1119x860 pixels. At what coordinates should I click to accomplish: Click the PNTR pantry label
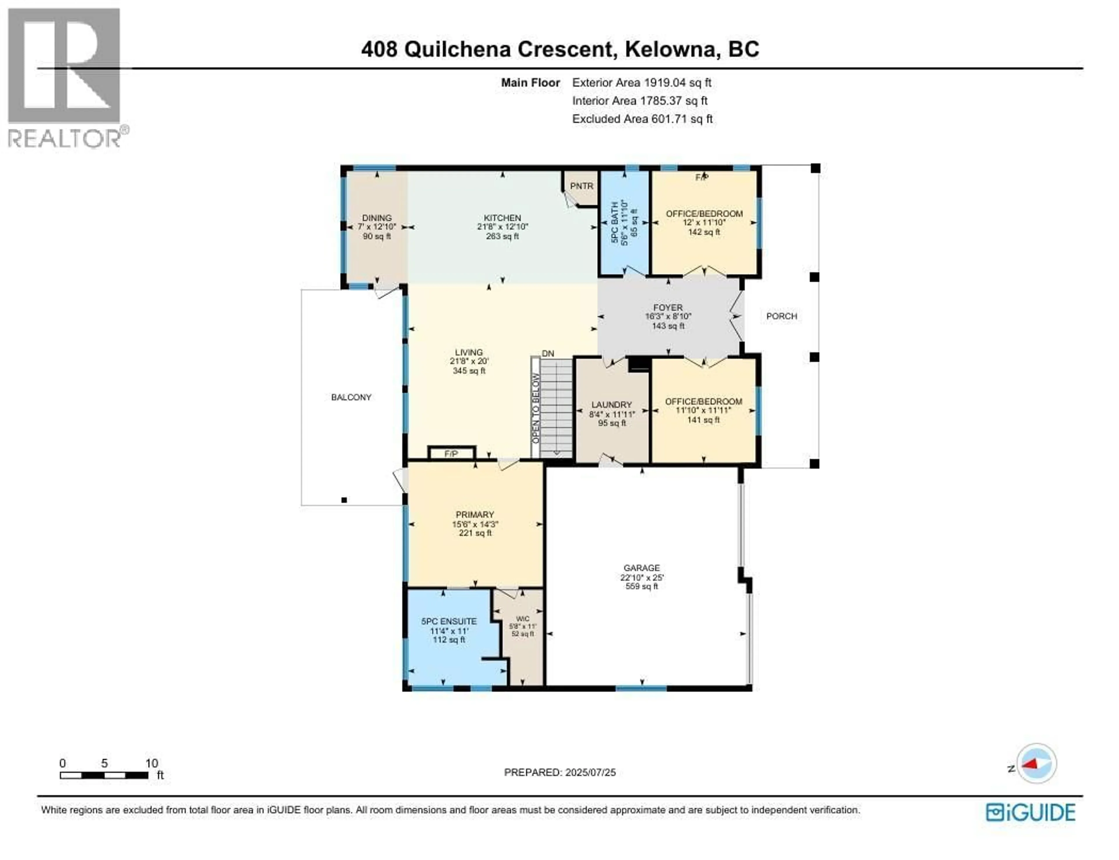(x=581, y=186)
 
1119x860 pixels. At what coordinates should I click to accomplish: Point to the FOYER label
(x=668, y=308)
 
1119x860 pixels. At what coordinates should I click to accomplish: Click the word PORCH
(x=781, y=316)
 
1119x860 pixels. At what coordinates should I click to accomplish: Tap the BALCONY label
(x=351, y=397)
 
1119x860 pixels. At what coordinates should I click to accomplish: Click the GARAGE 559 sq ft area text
(x=642, y=587)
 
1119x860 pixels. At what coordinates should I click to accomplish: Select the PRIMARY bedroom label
(x=475, y=515)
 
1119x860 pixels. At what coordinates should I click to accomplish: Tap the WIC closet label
(x=522, y=619)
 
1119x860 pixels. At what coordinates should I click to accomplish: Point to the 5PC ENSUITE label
(x=449, y=622)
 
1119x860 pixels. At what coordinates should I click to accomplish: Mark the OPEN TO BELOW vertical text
(x=535, y=408)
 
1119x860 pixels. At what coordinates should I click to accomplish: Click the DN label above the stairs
(x=548, y=354)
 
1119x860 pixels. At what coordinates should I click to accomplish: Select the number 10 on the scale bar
(x=152, y=763)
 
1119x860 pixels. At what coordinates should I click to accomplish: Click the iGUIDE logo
(x=1030, y=813)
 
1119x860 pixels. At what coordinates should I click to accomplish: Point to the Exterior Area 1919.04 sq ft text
(x=642, y=83)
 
